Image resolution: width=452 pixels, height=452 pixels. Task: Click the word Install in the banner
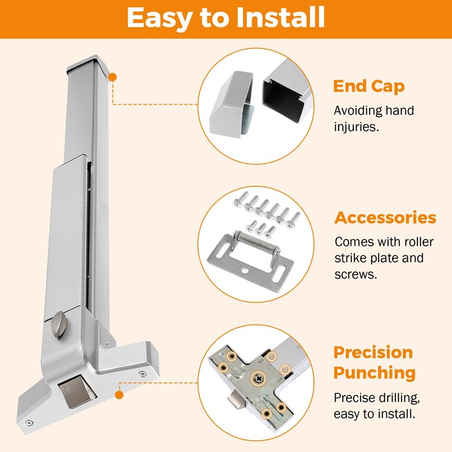[x=280, y=18]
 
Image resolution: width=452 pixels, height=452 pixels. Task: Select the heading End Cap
[x=369, y=86]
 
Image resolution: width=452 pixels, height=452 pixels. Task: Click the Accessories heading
[x=385, y=218]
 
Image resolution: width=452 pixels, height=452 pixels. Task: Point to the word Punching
[x=375, y=373]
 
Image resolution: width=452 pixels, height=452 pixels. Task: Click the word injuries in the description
[x=357, y=127]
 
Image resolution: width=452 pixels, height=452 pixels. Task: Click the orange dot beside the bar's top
[x=112, y=77]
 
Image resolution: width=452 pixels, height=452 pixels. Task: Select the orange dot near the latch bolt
[x=119, y=395]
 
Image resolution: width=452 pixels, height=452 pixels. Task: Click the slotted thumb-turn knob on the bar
[x=59, y=324]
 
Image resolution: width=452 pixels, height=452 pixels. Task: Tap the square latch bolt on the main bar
[x=77, y=393]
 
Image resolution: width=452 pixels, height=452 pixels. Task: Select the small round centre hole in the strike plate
[x=245, y=271]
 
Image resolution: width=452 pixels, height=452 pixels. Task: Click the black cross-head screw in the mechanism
[x=258, y=379]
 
